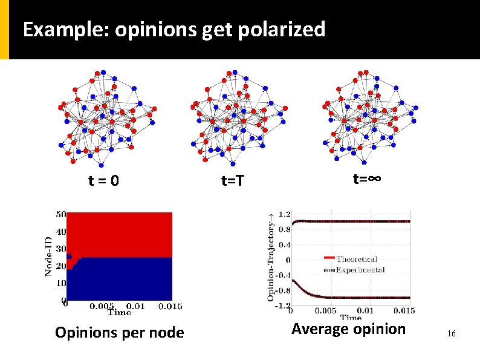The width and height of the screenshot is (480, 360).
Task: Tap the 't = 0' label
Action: [x=103, y=180]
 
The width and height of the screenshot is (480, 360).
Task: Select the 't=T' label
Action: [x=232, y=180]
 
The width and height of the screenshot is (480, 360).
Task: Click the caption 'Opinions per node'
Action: [x=119, y=332]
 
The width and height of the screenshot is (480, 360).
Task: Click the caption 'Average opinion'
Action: [x=348, y=329]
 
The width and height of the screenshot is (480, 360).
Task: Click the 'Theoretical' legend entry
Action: [x=357, y=260]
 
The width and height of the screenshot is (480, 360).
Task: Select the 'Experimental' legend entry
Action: [x=360, y=269]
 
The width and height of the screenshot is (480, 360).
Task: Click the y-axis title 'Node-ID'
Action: [x=48, y=257]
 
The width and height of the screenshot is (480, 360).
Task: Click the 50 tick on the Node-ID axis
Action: [x=61, y=214]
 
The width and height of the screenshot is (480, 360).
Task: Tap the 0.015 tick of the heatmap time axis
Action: [x=170, y=306]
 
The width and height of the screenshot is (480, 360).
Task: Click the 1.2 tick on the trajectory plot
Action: [x=284, y=214]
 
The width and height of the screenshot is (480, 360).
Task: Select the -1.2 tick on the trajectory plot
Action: [x=282, y=306]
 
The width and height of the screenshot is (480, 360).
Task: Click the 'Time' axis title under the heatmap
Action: [x=119, y=312]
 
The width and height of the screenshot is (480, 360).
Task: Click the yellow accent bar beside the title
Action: [x=4, y=29]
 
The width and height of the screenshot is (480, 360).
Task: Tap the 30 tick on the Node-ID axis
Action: [x=61, y=249]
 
